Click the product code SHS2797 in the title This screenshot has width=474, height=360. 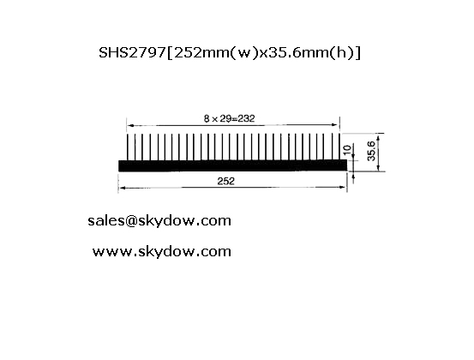pos(132,52)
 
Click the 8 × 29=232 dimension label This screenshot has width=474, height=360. pos(229,118)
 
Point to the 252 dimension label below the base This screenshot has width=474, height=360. pos(225,181)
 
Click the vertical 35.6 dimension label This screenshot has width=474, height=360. pos(371,151)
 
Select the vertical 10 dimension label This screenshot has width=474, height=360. pos(348,149)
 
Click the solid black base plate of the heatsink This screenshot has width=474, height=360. pos(232,165)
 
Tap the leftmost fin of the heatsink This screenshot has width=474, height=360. pos(128,147)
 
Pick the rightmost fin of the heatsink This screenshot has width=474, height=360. pos(339,147)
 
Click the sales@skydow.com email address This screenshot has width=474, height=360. pos(159,220)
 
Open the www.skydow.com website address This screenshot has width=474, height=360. pos(162,251)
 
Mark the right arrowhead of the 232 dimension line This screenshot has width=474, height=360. pos(335,124)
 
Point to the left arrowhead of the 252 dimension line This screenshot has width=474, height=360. pos(122,188)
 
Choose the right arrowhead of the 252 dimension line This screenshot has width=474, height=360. pos(343,187)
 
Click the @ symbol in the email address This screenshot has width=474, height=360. pos(130,221)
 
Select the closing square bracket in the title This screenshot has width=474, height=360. pos(358,53)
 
